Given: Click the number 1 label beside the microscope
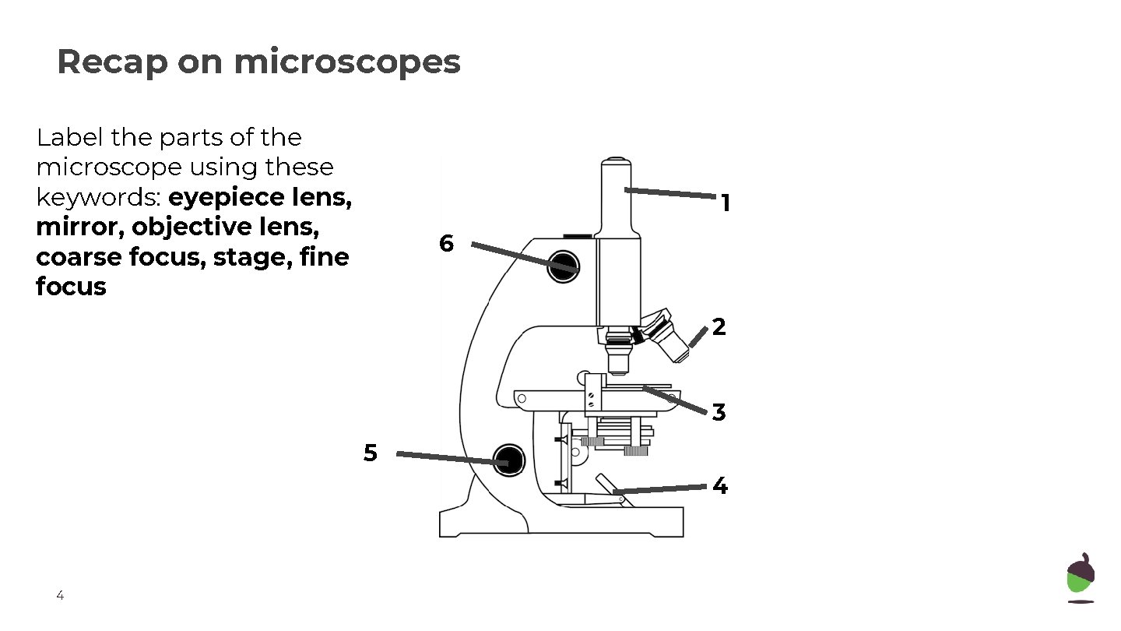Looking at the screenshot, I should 726,204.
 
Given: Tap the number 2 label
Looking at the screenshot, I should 719,327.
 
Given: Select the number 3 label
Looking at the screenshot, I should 719,412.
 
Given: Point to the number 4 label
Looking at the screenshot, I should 720,486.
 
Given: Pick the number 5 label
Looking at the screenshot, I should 371,453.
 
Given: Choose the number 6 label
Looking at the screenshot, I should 446,244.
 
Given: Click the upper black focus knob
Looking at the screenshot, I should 564,266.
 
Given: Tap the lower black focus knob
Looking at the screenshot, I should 509,459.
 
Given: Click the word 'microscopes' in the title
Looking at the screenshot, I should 347,62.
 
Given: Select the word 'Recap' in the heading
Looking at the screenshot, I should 112,62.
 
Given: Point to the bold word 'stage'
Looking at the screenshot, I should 248,257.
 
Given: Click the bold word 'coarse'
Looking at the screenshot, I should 78,257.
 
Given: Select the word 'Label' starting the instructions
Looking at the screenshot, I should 70,138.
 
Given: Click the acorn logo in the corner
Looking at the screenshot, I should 1081,578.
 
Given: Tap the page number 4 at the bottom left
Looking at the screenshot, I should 60,597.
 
